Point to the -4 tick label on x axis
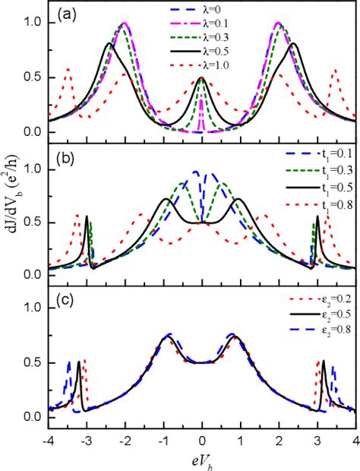(x=49, y=441)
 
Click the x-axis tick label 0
(x=202, y=441)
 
